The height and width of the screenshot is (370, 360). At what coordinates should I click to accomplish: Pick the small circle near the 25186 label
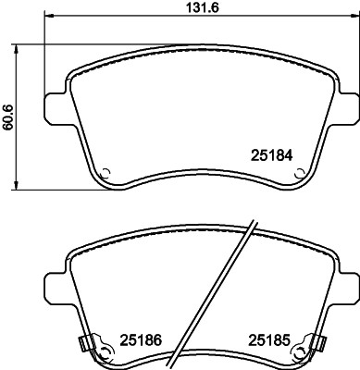[x=106, y=351]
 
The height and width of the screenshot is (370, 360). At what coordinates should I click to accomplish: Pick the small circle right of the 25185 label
[x=296, y=351]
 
